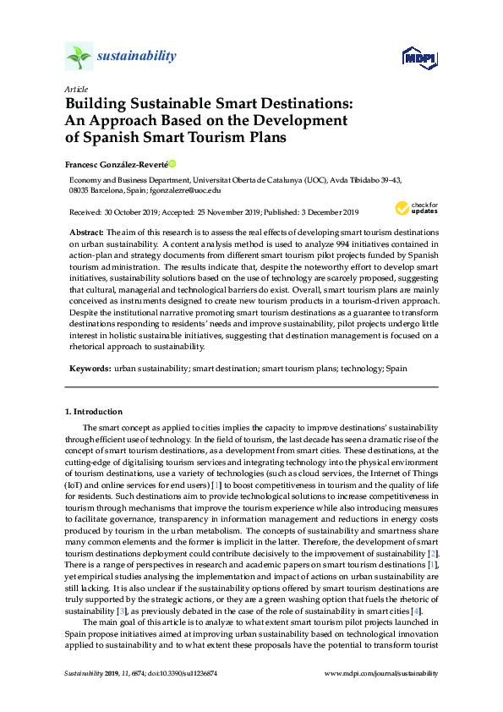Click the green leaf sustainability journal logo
[78, 57]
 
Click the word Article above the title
[75, 89]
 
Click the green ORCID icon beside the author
[172, 163]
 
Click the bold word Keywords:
[89, 370]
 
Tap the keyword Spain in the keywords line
[396, 370]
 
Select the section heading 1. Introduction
[94, 412]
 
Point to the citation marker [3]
[121, 587]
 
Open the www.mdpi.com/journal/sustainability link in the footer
[381, 673]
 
